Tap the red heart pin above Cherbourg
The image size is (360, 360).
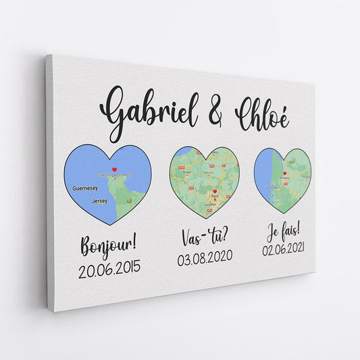[115, 170]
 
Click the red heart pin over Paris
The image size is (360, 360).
[215, 192]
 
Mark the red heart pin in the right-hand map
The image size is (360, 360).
[286, 174]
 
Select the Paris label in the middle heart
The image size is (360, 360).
[215, 199]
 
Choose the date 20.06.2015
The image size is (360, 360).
[109, 268]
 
